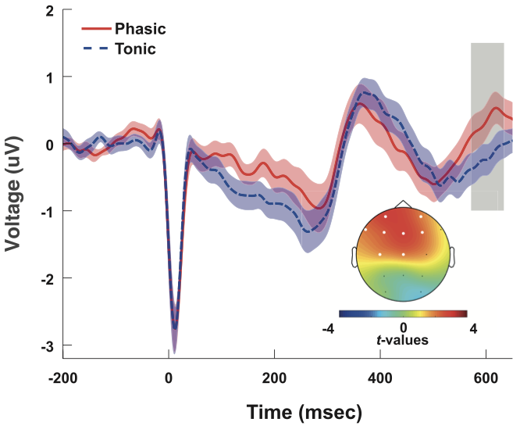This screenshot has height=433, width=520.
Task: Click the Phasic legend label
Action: tap(141, 29)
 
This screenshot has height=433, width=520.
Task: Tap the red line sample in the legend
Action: tap(94, 29)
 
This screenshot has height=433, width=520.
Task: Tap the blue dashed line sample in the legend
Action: tap(94, 49)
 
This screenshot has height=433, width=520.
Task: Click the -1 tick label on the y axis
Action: tap(47, 211)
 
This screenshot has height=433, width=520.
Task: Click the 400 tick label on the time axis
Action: tap(380, 376)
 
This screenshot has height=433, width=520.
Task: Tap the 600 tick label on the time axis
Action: tap(486, 376)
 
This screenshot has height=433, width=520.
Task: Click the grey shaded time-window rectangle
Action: tap(487, 125)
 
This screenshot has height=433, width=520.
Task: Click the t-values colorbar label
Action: tap(403, 340)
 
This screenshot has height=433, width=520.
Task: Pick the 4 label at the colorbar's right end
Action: tap(474, 328)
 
